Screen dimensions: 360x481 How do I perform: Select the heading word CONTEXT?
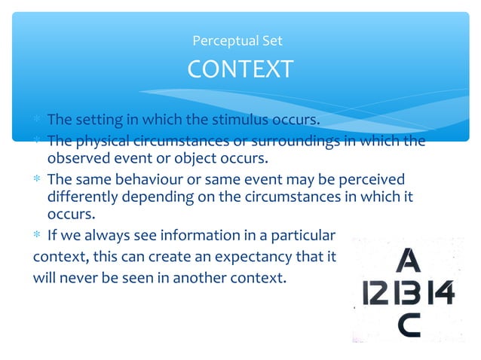tap(240, 69)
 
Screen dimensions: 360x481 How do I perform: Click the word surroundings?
tap(303, 141)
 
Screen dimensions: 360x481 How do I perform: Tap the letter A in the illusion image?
tap(408, 261)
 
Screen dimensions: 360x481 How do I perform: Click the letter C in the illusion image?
tap(409, 325)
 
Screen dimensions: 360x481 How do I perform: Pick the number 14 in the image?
tap(441, 292)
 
